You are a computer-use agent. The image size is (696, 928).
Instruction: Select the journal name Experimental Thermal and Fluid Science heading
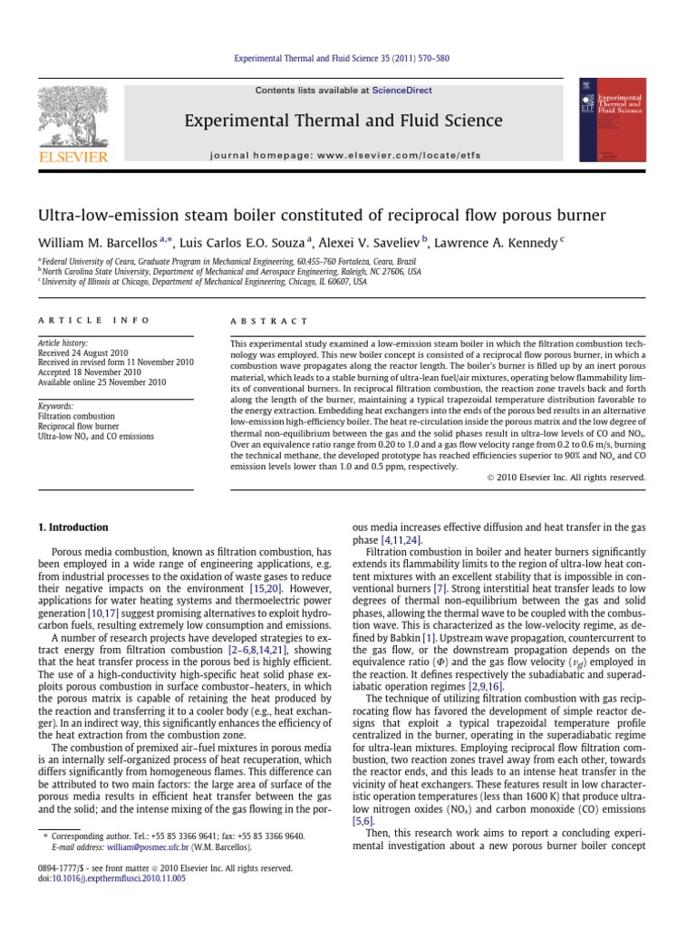tap(331, 121)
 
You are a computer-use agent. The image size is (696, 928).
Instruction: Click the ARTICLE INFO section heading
tap(75, 321)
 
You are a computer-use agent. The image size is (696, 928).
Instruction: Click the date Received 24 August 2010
tap(89, 353)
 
